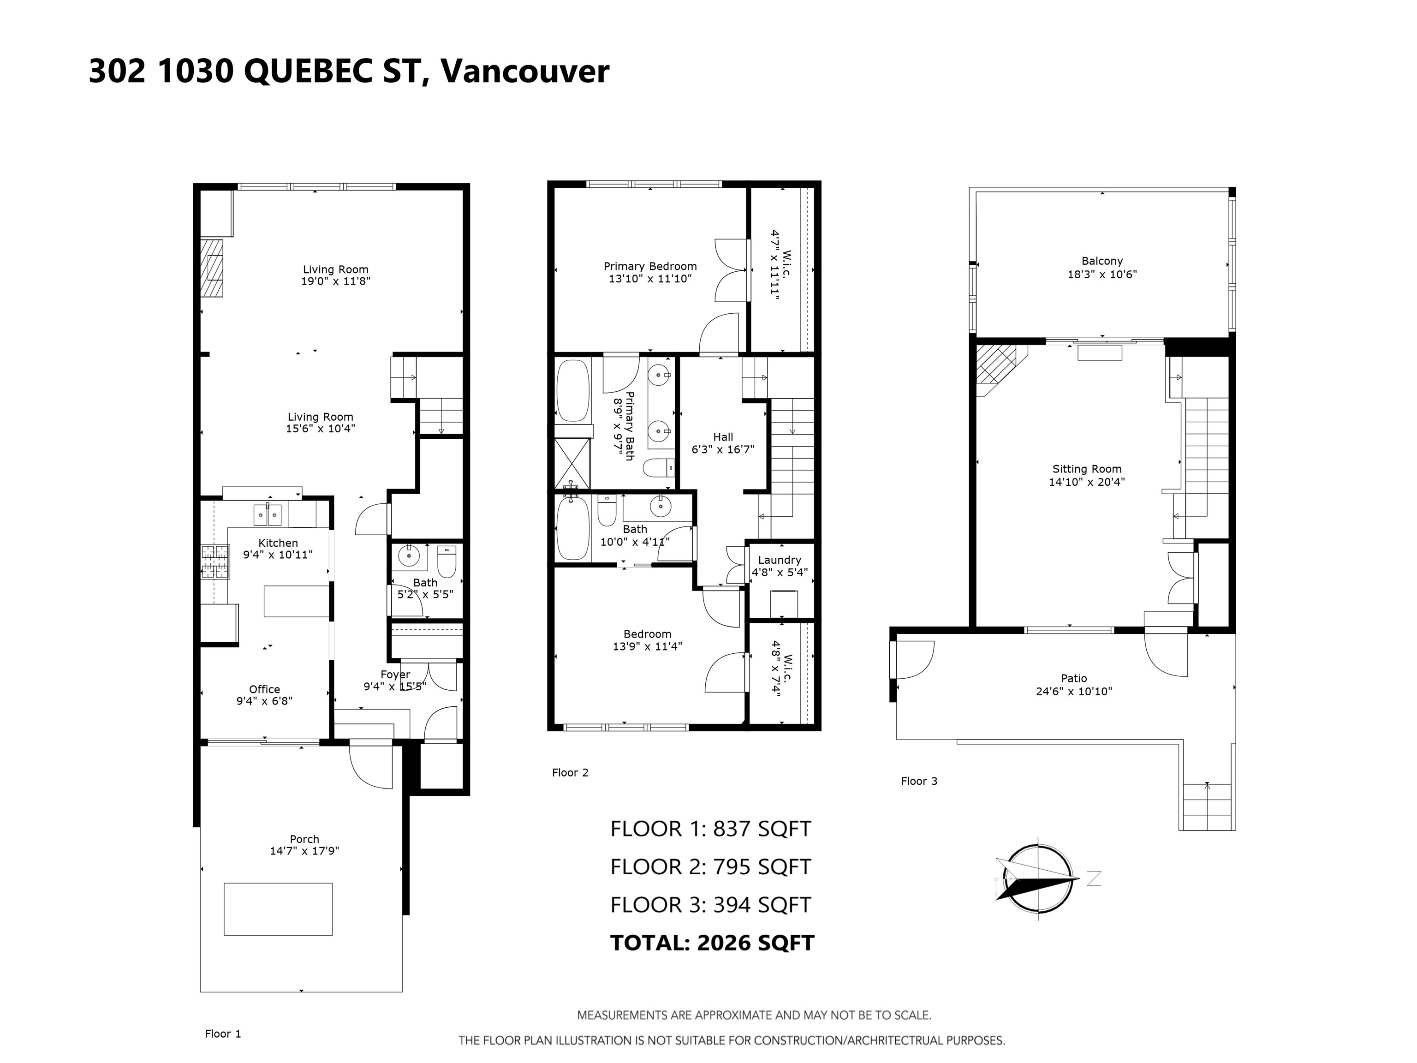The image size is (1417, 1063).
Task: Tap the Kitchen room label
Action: [278, 543]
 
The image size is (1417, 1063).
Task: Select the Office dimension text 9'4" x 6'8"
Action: [265, 701]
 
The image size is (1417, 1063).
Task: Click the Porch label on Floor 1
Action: [304, 839]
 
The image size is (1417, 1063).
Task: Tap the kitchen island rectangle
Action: [297, 601]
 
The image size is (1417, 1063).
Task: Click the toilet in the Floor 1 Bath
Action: [447, 561]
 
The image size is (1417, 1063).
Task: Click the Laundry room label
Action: [780, 560]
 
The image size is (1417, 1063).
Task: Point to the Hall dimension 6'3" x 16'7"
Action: [723, 450]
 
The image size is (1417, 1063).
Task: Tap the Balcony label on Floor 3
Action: [1102, 261]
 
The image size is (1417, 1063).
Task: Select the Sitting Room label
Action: [1087, 469]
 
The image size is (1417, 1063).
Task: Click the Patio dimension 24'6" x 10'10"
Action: [1074, 692]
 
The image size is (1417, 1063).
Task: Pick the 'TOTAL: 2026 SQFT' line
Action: [712, 943]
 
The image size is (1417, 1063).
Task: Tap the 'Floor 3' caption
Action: [919, 781]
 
